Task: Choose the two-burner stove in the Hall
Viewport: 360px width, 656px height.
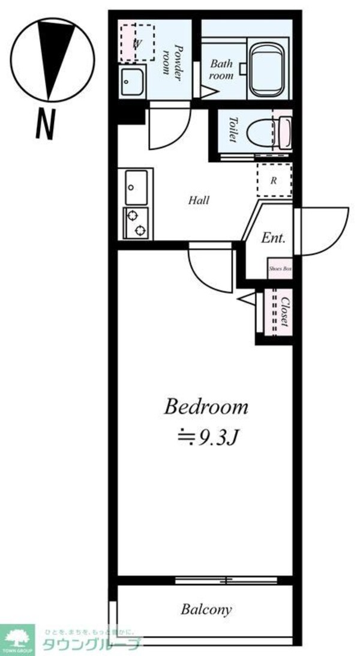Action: coord(136,223)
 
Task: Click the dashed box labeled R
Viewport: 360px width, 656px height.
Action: coord(274,180)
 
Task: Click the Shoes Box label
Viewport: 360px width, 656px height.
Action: coord(280,269)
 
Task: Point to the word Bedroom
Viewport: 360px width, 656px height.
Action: coord(206,408)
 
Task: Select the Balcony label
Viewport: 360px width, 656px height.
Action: coord(206,610)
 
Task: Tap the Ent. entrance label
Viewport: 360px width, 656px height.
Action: coord(273,238)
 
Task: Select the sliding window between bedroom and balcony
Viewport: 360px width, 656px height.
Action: coord(227,580)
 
